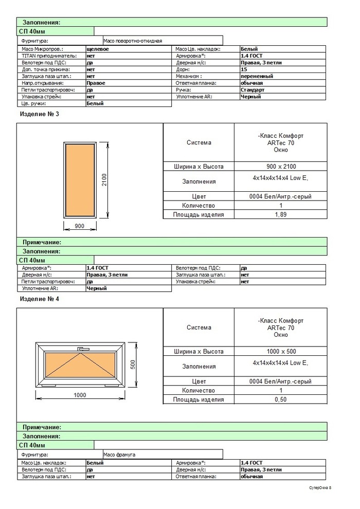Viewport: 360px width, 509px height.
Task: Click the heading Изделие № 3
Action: pyautogui.click(x=39, y=114)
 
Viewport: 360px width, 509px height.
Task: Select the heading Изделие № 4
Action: pyautogui.click(x=39, y=299)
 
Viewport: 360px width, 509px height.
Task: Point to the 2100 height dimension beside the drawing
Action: pyautogui.click(x=104, y=179)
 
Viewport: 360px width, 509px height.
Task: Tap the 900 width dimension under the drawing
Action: pyautogui.click(x=79, y=226)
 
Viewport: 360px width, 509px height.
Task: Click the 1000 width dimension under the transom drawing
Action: pyautogui.click(x=79, y=395)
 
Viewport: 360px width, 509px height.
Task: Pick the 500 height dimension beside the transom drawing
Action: pyautogui.click(x=132, y=363)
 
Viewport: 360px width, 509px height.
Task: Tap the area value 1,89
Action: pyautogui.click(x=280, y=214)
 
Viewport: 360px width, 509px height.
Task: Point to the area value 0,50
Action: pyautogui.click(x=280, y=399)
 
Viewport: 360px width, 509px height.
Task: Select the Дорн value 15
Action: pyautogui.click(x=244, y=69)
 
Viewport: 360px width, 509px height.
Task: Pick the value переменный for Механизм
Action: pyautogui.click(x=257, y=76)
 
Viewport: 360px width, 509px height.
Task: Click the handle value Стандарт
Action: pyautogui.click(x=253, y=89)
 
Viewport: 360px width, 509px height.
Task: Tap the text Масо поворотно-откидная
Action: pyautogui.click(x=133, y=40)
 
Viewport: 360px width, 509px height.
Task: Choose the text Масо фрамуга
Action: pyautogui.click(x=119, y=455)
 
